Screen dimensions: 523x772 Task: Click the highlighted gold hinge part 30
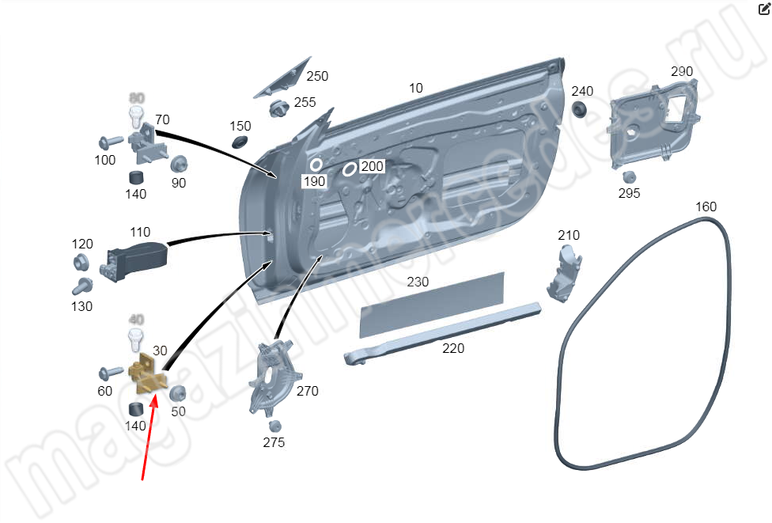(x=147, y=375)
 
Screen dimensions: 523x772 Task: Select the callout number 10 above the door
(x=416, y=88)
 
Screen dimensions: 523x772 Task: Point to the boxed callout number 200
(x=372, y=166)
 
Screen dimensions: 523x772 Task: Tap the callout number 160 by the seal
(x=706, y=207)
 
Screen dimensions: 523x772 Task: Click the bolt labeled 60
(x=110, y=371)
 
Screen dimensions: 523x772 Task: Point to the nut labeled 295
(x=630, y=177)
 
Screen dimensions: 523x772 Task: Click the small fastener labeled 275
(x=274, y=426)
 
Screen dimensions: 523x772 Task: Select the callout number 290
(x=681, y=71)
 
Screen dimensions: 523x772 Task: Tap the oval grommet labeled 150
(x=238, y=142)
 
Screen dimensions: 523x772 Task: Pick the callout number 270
(x=307, y=391)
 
